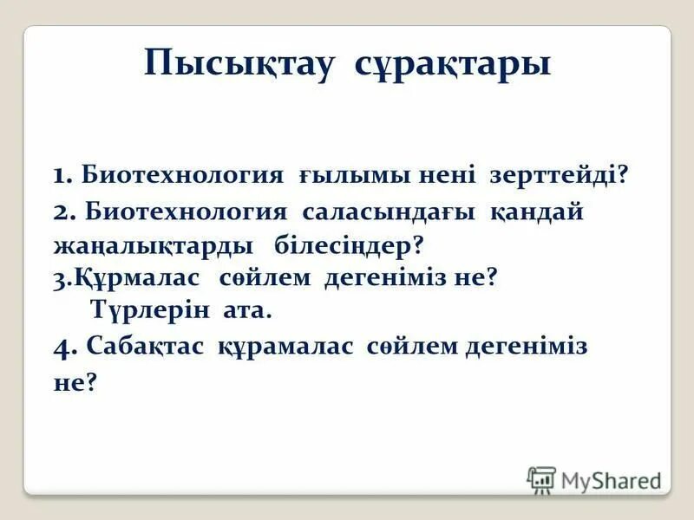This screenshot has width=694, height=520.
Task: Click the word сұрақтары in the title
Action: [x=453, y=65]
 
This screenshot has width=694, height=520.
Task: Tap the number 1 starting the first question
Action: [x=59, y=176]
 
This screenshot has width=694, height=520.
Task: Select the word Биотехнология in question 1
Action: [x=183, y=175]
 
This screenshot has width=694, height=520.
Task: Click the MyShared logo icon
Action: [x=541, y=479]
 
